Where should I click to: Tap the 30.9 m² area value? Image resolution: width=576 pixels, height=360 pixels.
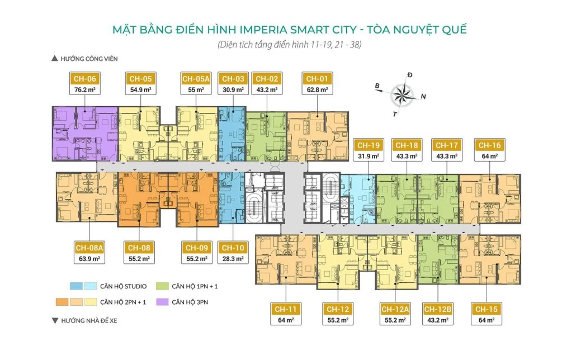pos(232,89)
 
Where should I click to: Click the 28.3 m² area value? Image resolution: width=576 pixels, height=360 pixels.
pos(232,258)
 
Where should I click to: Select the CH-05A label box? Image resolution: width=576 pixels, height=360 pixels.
pos(195,84)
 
